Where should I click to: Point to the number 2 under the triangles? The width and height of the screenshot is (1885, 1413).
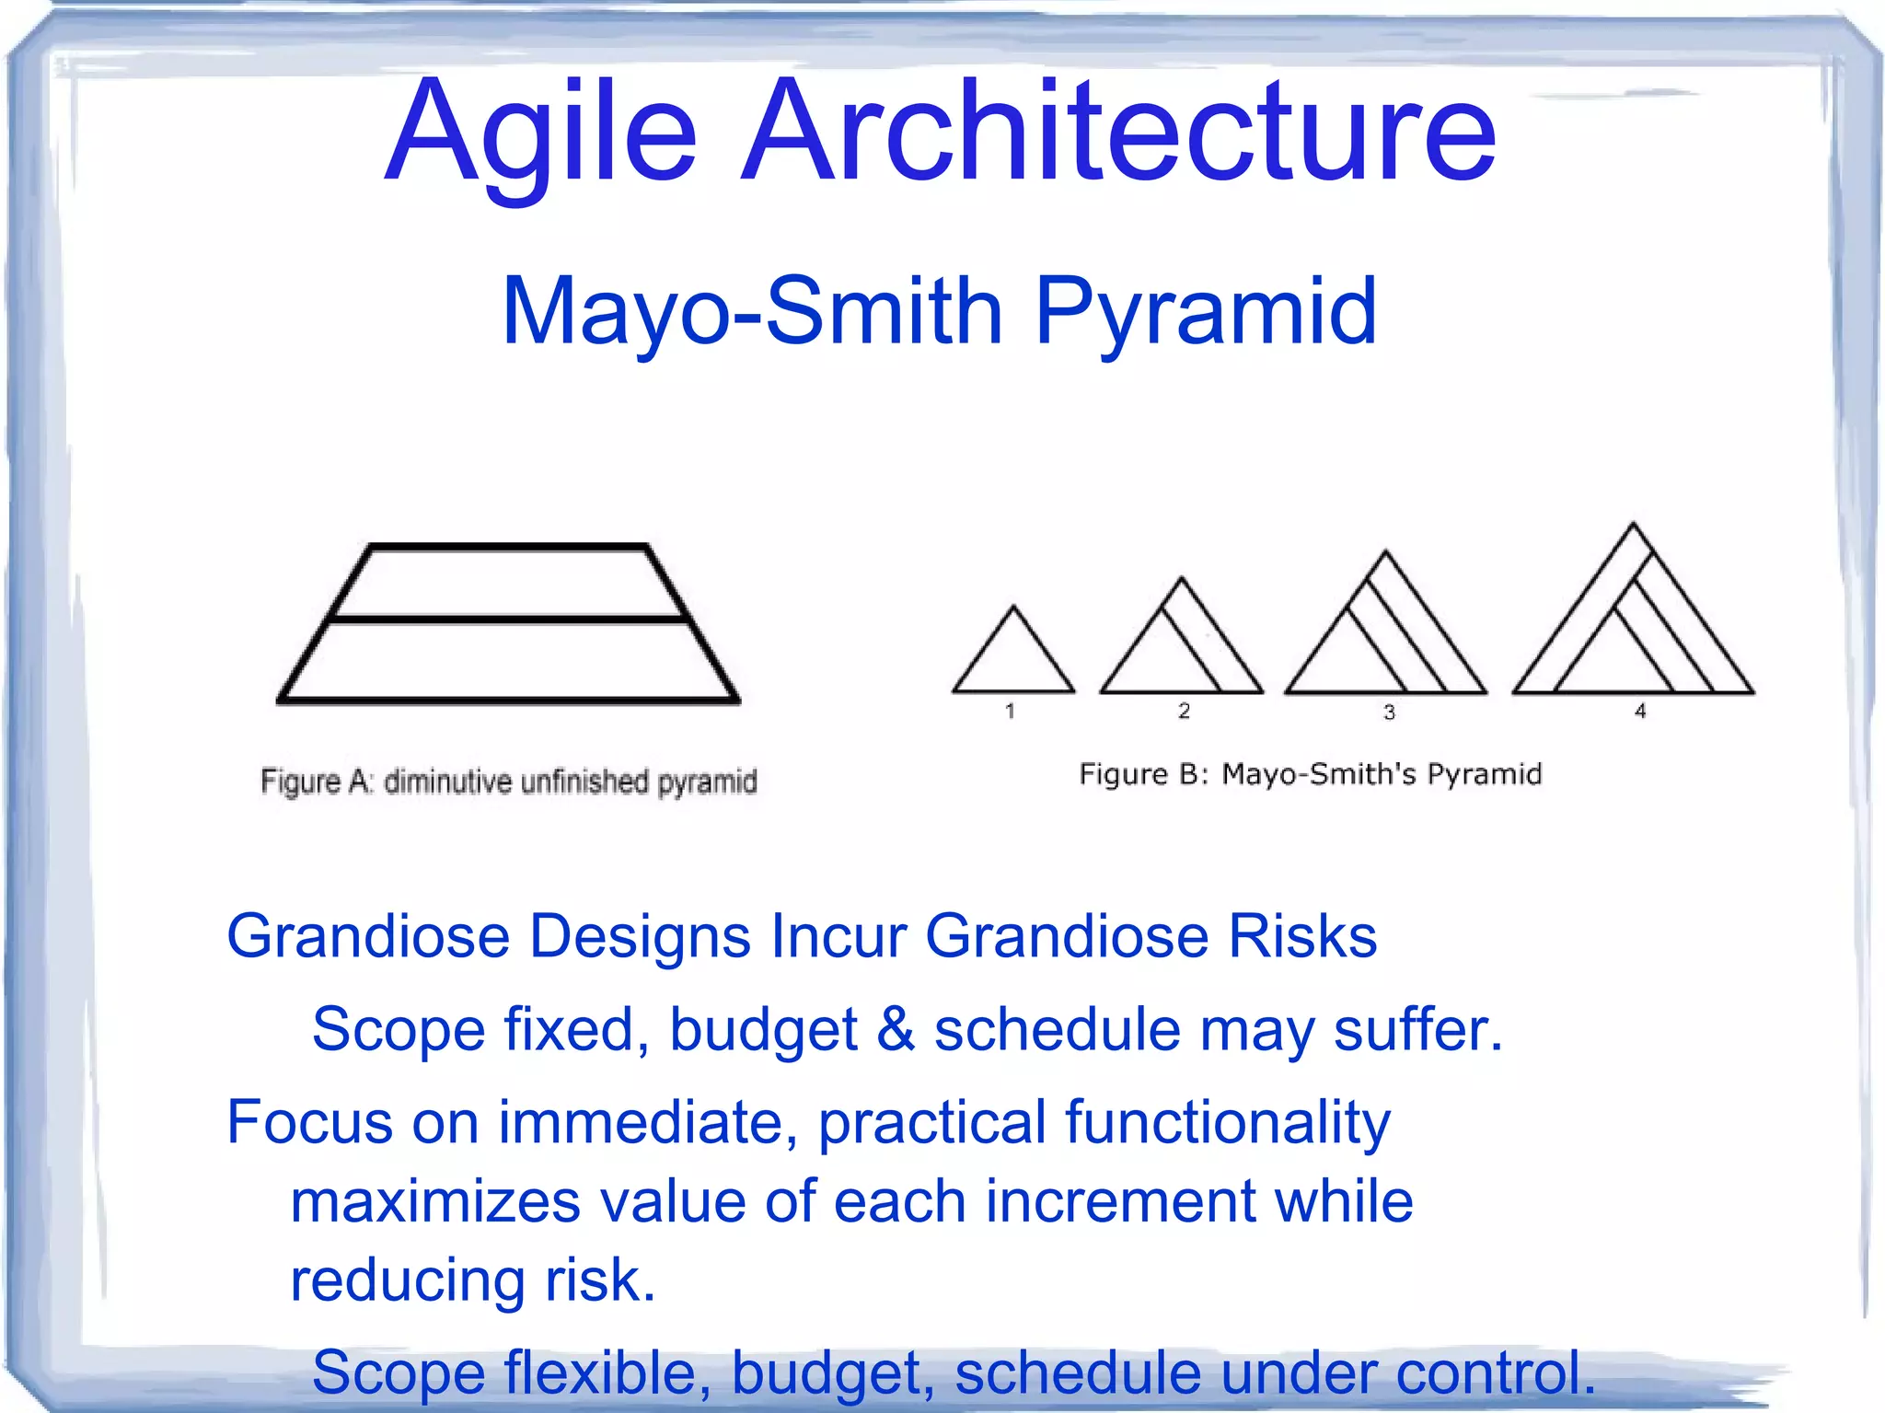pos(1184,711)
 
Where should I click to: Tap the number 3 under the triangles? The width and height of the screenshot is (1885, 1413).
pos(1389,712)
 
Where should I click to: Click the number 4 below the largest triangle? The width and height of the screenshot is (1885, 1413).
pos(1640,711)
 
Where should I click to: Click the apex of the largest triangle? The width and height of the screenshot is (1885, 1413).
pos(1634,527)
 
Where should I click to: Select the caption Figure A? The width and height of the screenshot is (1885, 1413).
pos(316,782)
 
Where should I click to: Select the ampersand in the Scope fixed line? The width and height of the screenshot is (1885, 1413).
pos(896,1029)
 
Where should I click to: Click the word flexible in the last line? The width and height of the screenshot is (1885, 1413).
pos(607,1372)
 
